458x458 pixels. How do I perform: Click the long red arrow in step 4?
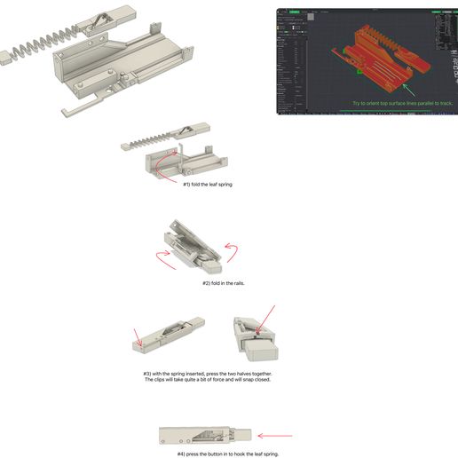(x=274, y=436)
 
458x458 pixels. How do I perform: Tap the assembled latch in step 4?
(x=205, y=436)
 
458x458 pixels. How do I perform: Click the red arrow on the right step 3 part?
(x=266, y=319)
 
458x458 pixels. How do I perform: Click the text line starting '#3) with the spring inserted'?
(x=207, y=374)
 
